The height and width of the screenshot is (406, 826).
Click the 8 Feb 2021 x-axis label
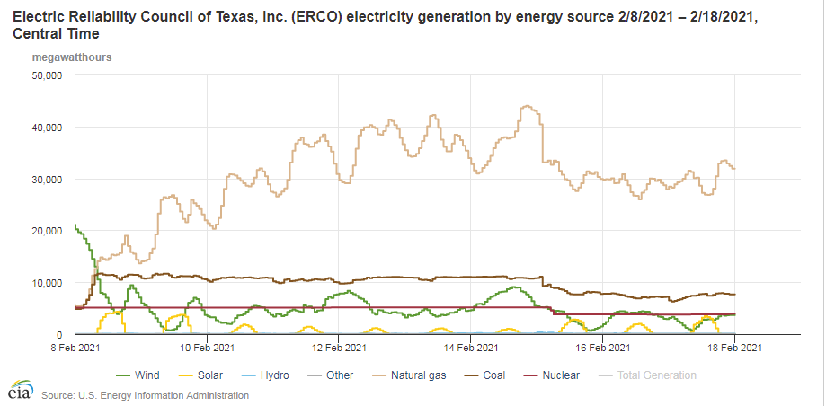[75, 346]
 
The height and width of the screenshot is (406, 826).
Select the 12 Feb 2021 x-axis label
[340, 346]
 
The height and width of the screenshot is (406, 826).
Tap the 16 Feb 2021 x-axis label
[604, 346]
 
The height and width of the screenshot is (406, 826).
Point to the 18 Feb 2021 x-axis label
[736, 346]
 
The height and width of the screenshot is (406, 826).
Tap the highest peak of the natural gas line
[527, 106]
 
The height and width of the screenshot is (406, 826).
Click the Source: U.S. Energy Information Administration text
[145, 395]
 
